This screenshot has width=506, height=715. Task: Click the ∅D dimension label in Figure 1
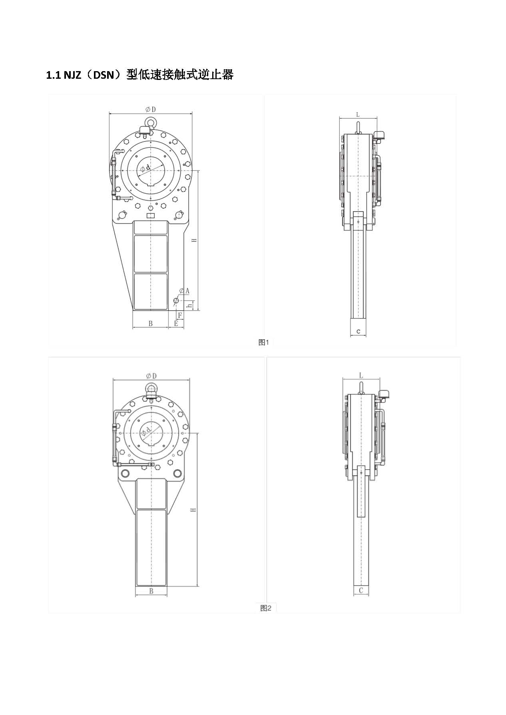point(150,109)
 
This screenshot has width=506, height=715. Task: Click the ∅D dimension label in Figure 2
point(151,376)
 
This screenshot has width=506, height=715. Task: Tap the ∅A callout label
point(184,291)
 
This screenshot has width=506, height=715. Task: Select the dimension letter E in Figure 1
point(176,324)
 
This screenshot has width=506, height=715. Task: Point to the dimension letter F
point(180,316)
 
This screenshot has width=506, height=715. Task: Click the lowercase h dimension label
point(191,305)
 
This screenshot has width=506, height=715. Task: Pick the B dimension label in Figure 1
point(151,324)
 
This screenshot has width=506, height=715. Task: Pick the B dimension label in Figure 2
point(151,591)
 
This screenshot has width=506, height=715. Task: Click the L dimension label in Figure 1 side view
point(358,115)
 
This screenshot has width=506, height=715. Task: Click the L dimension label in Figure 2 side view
point(361,376)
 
